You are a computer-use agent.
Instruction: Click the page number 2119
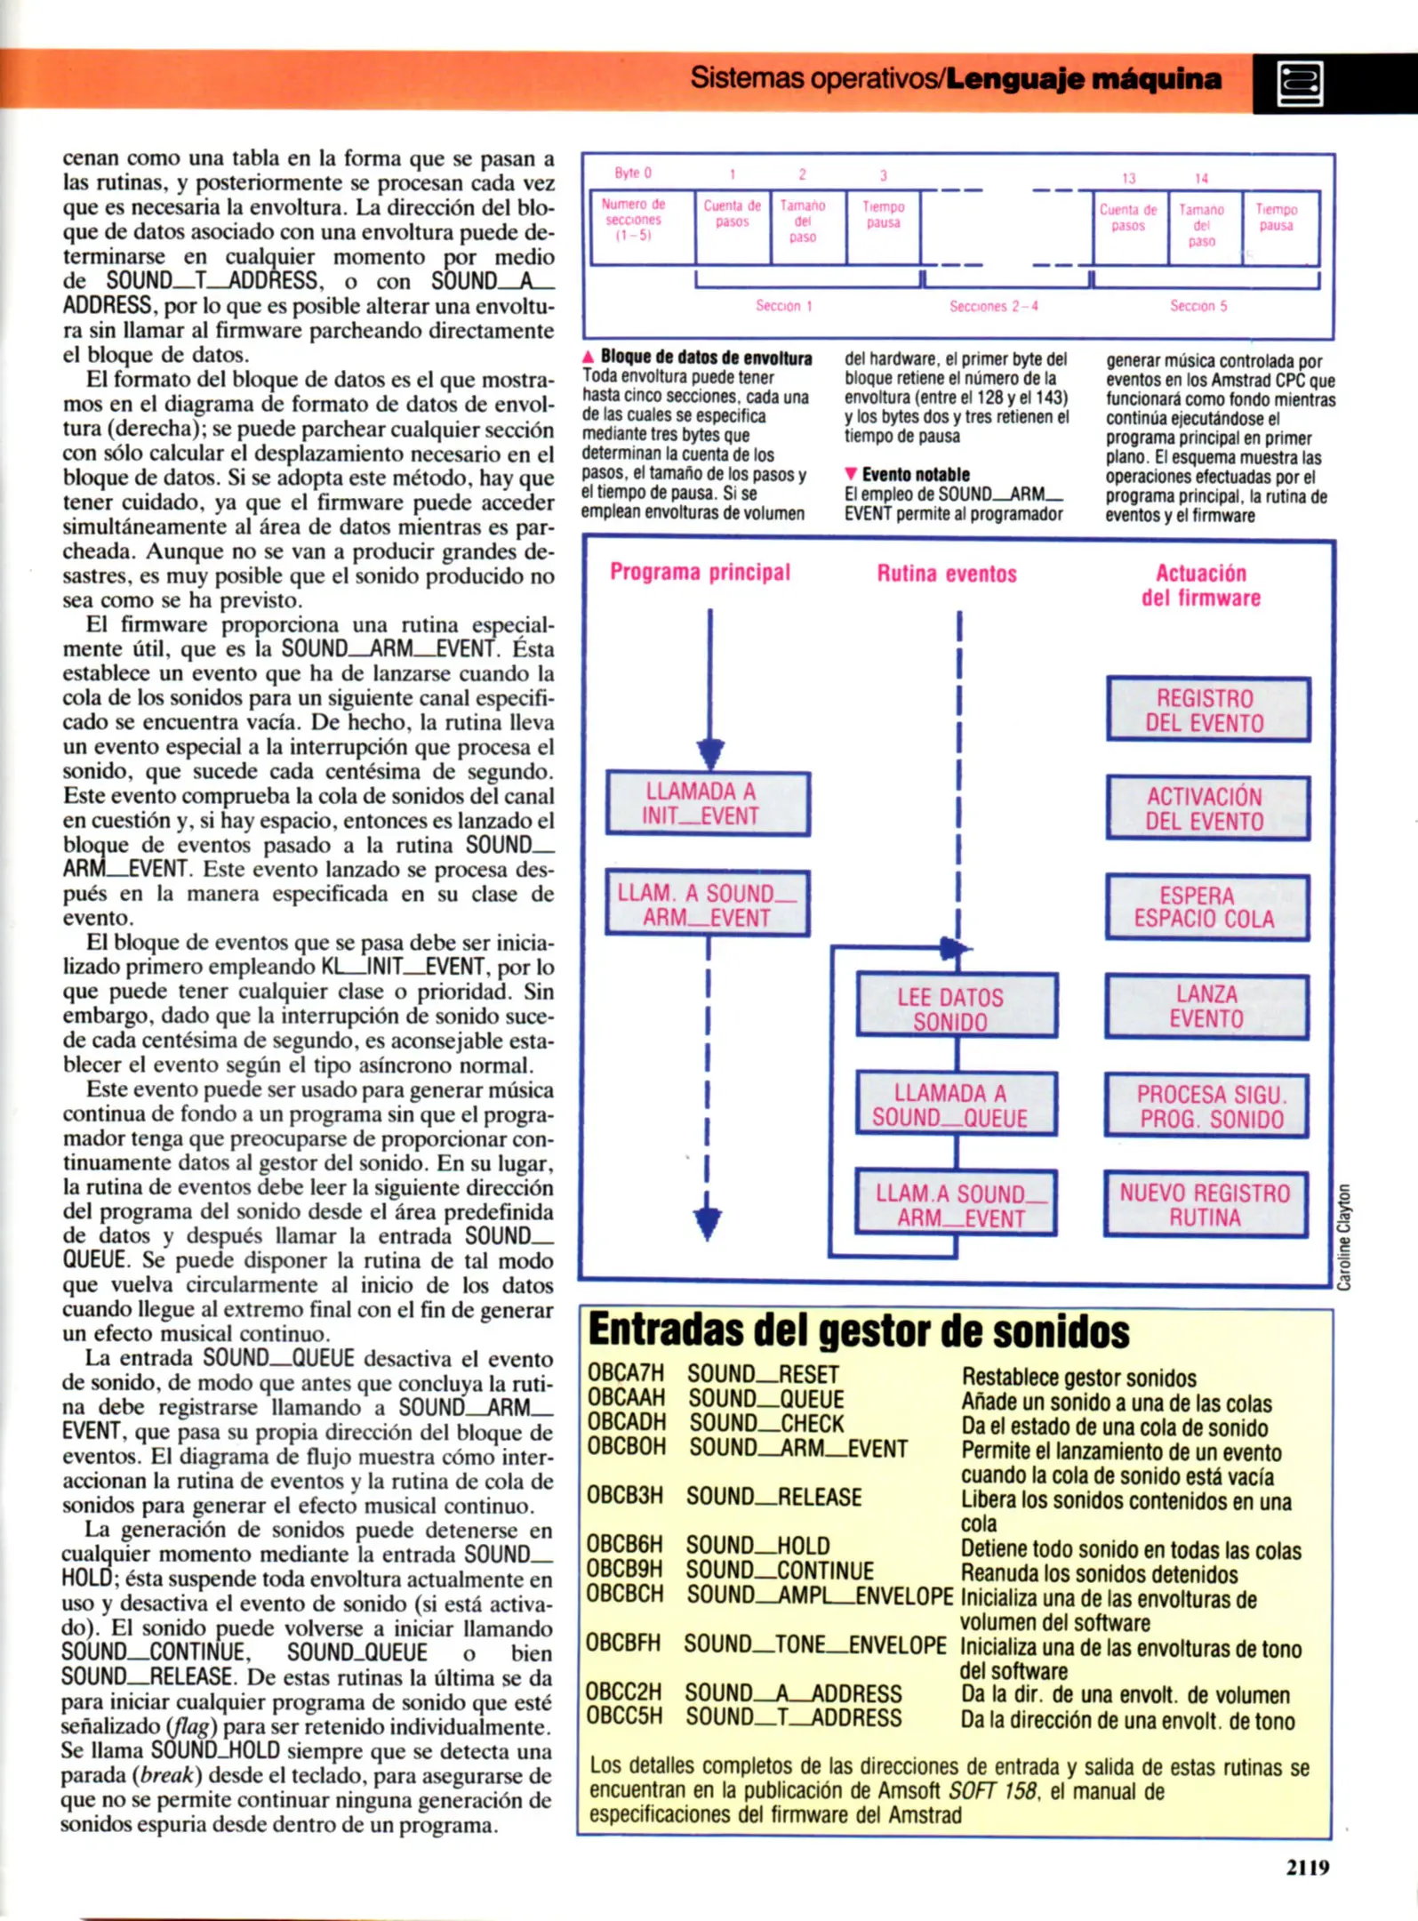coord(1307,1868)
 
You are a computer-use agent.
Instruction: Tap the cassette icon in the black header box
coord(1300,84)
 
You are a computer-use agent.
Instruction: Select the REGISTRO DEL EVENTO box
coord(1207,710)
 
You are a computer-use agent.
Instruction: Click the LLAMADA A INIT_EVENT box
coord(708,804)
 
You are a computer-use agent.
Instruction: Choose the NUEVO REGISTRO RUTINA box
coord(1206,1205)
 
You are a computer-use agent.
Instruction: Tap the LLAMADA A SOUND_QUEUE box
coord(956,1105)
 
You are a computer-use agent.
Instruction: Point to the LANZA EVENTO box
coord(1206,1007)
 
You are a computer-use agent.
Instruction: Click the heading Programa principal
coord(700,572)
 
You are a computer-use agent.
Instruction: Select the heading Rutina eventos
coord(947,574)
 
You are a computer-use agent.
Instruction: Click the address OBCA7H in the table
coord(626,1374)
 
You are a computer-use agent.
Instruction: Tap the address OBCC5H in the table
coord(624,1716)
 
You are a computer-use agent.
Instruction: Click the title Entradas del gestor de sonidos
coord(858,1331)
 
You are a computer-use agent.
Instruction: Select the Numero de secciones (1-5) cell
coord(634,220)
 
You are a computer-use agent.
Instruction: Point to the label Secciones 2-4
coord(993,306)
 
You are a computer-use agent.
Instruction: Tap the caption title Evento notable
coord(915,475)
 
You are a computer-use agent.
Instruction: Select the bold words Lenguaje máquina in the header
coord(1083,79)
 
